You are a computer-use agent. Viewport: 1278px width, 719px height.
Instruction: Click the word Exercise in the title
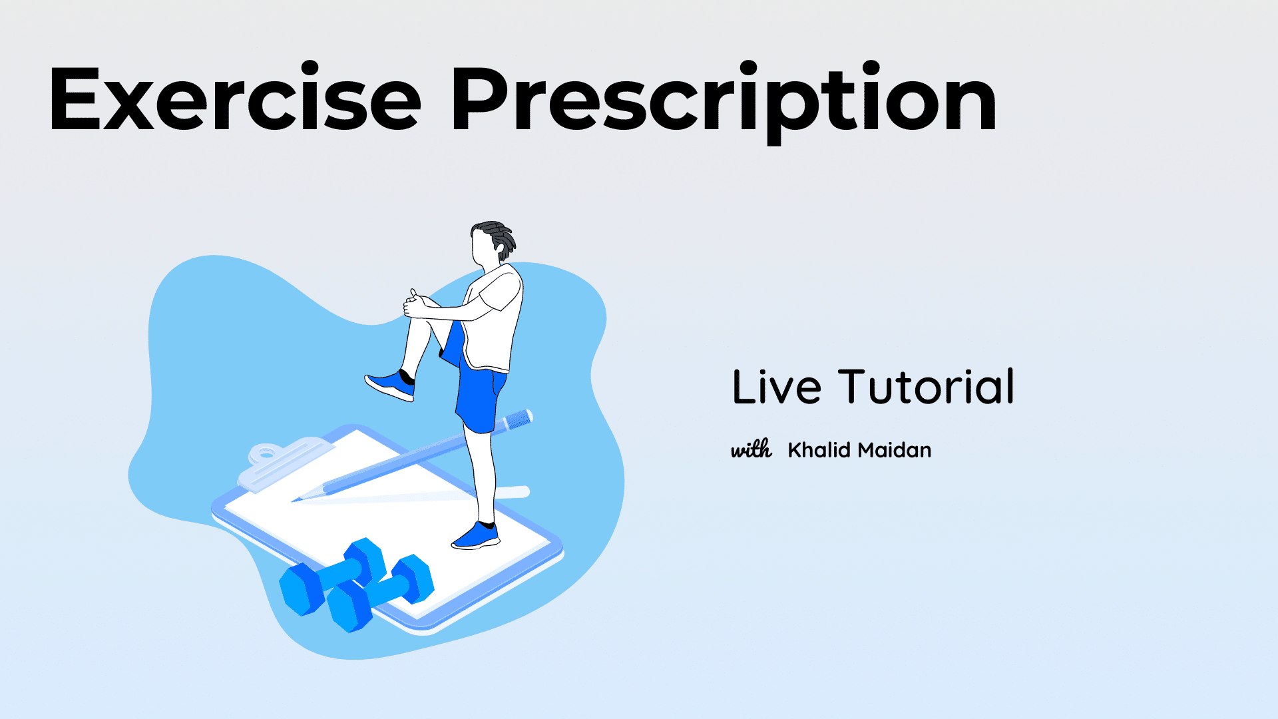pyautogui.click(x=234, y=98)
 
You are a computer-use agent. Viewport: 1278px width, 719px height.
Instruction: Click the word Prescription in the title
pyautogui.click(x=724, y=101)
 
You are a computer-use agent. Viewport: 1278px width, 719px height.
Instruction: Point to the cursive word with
pyautogui.click(x=751, y=449)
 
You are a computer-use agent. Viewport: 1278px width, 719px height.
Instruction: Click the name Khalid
pyautogui.click(x=819, y=450)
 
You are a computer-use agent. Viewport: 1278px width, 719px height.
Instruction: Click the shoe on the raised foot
pyautogui.click(x=390, y=385)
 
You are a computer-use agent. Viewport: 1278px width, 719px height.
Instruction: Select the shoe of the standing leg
pyautogui.click(x=476, y=535)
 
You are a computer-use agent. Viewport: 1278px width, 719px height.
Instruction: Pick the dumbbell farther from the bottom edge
pyautogui.click(x=332, y=577)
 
